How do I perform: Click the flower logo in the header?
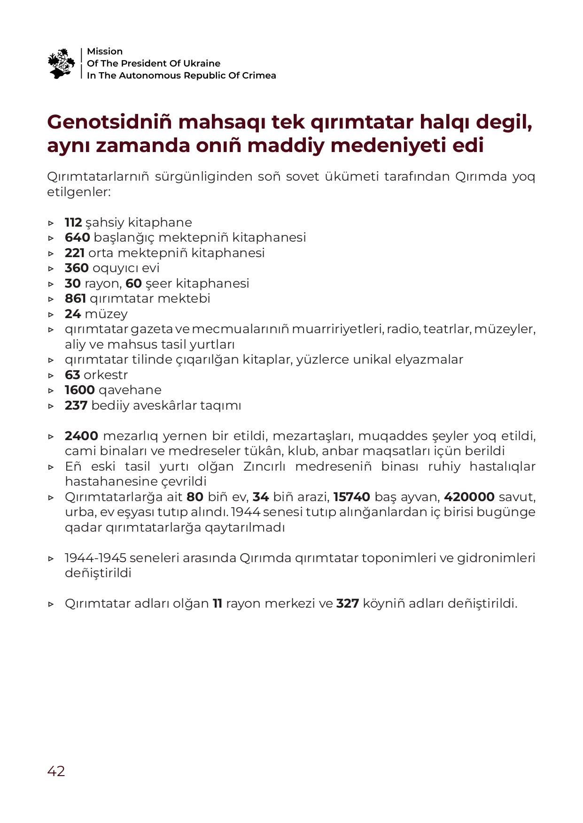point(61,63)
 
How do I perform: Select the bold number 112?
point(73,222)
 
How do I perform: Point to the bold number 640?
point(77,237)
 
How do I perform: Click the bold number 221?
point(75,253)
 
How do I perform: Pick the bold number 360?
point(77,268)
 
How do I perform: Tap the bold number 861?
point(75,298)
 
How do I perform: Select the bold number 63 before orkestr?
point(72,375)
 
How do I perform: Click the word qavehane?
point(130,390)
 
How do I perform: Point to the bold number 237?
point(76,405)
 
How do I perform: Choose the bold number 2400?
point(81,436)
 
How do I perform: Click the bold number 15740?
point(352,497)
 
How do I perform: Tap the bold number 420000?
point(469,497)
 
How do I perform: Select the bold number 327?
point(348,603)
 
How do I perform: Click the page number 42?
point(56,771)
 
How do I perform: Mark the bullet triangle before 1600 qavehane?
point(51,390)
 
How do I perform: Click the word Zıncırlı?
point(265,466)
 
